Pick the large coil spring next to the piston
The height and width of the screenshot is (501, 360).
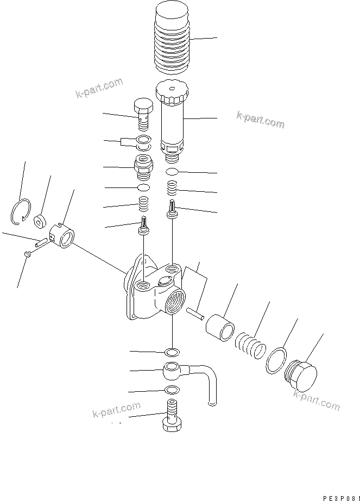coord(250,345)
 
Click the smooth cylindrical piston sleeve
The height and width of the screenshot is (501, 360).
coord(220,327)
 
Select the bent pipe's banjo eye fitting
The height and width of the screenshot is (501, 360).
coord(173,371)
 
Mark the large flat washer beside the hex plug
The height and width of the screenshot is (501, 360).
coord(277,360)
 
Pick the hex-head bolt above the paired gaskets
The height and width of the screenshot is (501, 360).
coord(142,114)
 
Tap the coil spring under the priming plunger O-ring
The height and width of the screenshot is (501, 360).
coord(172,189)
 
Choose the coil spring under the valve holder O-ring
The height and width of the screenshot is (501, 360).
coord(143,205)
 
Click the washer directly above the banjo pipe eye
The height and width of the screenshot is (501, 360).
coord(173,351)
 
